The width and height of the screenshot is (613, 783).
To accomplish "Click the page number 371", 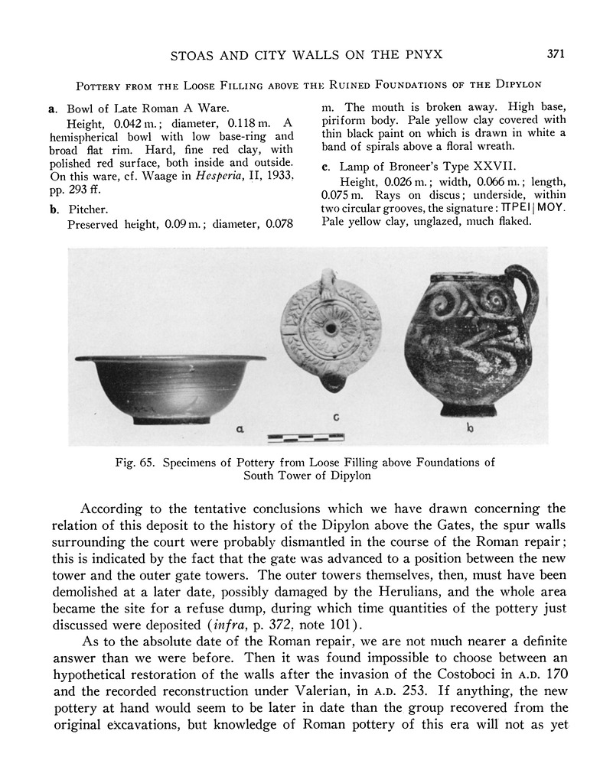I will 556,54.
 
